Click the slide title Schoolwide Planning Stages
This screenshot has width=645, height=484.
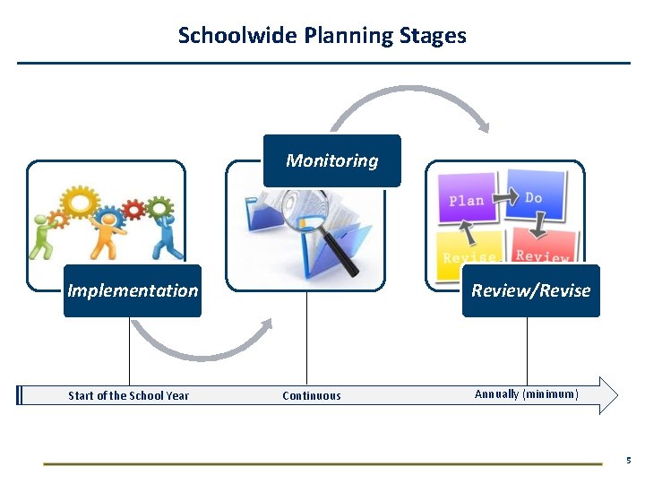tap(322, 36)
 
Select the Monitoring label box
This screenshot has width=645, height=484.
tap(331, 160)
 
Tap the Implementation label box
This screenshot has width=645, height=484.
tap(133, 290)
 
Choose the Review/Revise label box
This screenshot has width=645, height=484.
tap(530, 290)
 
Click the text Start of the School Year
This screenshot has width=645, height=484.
tap(129, 395)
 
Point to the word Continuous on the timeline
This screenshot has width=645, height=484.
tap(311, 395)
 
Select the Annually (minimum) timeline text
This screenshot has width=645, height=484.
tap(526, 394)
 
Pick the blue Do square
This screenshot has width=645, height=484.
tap(535, 196)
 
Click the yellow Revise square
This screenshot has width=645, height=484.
tap(469, 250)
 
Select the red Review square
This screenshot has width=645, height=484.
tap(543, 249)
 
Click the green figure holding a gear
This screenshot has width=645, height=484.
tap(46, 238)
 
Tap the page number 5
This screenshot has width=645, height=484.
tap(628, 461)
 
